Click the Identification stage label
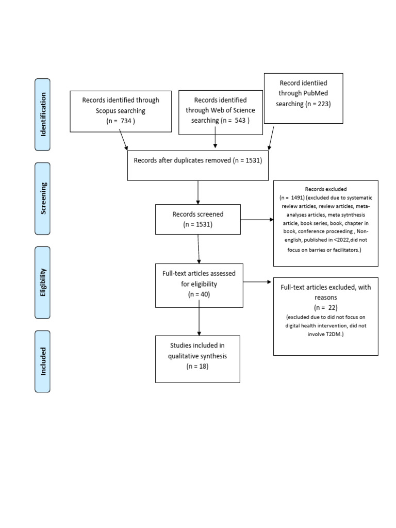42,114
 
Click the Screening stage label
42,199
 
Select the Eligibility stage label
42,283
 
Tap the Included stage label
42,361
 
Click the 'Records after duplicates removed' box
198,165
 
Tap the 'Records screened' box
198,219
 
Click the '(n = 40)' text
199,294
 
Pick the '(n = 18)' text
197,366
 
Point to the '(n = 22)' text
325,307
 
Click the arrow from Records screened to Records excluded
257,219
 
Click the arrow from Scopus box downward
124,139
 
